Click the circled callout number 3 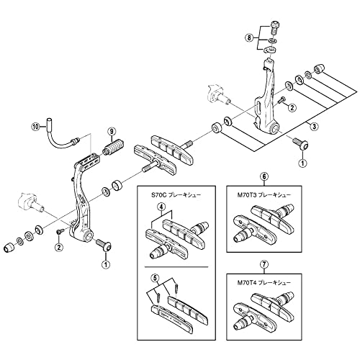coord(315,126)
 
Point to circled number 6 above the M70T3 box coord(264,176)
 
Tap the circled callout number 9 coord(112,130)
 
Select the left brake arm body coord(79,202)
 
